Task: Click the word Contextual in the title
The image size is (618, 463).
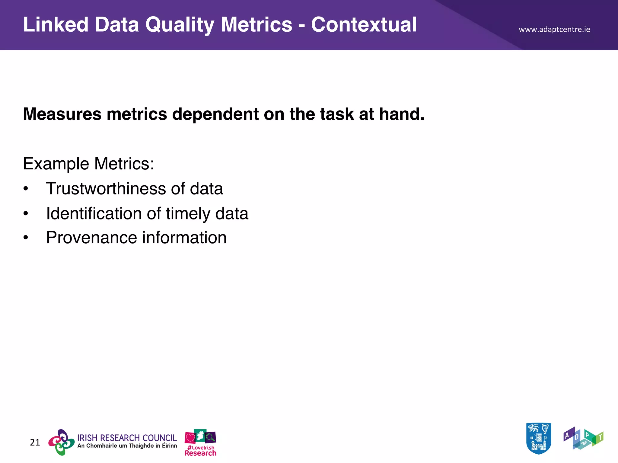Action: coord(364,25)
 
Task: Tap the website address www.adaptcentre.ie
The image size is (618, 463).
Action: coord(554,30)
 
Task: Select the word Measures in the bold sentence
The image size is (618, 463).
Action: coord(62,114)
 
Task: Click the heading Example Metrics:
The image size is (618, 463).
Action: coord(88,164)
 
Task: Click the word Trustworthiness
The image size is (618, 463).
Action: coord(106,189)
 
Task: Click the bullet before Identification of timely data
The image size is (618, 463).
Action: coord(26,214)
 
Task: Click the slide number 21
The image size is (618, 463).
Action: coord(35,443)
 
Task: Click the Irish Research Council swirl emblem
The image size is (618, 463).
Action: coord(62,442)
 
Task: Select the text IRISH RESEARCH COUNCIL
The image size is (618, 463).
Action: coord(127,438)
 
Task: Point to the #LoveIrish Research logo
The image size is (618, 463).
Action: coord(200,443)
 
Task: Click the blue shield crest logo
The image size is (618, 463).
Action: coord(539,438)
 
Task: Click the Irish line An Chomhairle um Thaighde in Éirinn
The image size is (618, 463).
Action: coord(127,446)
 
